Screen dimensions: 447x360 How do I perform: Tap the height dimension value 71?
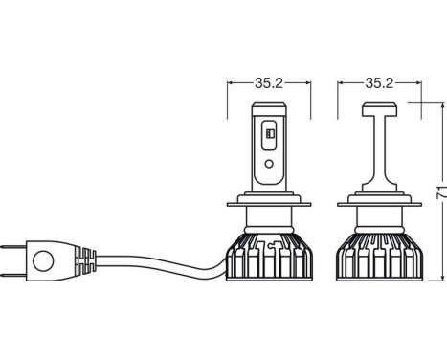[x=438, y=195]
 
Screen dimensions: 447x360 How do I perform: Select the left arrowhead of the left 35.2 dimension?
[x=232, y=82]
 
